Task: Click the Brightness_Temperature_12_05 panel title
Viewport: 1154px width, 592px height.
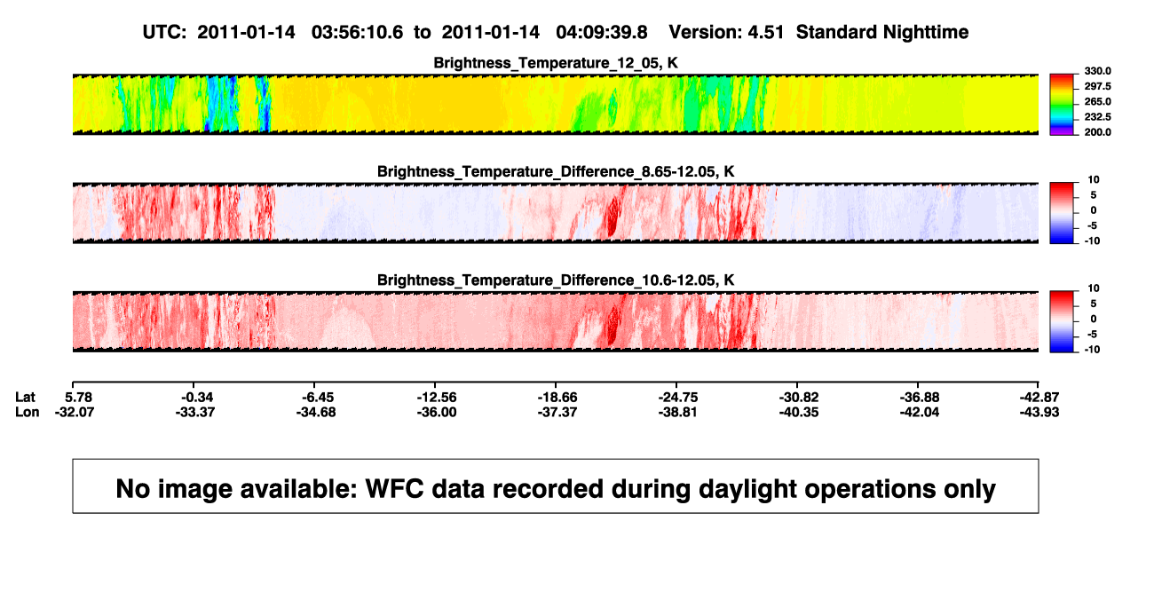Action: point(556,63)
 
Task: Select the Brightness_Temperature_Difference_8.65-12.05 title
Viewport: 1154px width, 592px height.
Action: point(556,171)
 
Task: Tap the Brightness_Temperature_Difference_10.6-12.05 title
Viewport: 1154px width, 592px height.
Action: point(556,280)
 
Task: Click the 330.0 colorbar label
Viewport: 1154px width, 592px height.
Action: point(1097,71)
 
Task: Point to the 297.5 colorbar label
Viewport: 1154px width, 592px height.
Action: point(1097,87)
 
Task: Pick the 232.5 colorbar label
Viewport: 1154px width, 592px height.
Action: point(1097,117)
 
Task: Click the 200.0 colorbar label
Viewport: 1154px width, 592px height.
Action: point(1097,132)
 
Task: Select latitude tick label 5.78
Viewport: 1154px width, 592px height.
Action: point(79,398)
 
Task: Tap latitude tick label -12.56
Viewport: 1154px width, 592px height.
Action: point(437,398)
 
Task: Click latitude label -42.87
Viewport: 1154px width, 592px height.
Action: point(1039,398)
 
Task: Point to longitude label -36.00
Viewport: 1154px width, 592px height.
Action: point(437,412)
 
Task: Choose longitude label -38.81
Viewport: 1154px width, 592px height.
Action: point(677,412)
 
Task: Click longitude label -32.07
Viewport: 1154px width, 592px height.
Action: point(75,412)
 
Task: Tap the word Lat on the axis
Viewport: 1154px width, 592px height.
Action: point(25,398)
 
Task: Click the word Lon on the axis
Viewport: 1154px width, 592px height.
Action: point(27,412)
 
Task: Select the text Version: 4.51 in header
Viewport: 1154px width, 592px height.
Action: point(726,33)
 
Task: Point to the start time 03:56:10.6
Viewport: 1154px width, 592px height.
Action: point(357,33)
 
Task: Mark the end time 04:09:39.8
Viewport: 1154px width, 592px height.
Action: point(602,33)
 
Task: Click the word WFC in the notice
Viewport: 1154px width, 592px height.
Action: point(394,489)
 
